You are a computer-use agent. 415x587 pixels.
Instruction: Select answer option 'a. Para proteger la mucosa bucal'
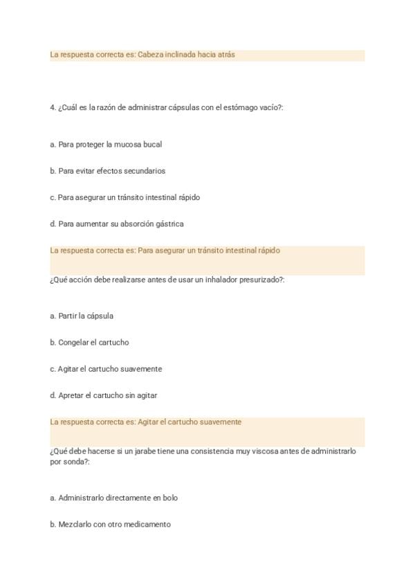point(106,145)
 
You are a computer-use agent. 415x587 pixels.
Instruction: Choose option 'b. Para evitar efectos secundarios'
point(107,171)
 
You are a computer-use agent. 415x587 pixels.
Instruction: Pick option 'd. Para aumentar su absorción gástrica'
point(116,224)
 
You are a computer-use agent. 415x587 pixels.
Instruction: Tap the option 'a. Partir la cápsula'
point(82,316)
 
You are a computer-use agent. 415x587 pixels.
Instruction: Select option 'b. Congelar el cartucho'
point(89,343)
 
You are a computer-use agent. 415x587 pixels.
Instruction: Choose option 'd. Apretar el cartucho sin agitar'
point(103,395)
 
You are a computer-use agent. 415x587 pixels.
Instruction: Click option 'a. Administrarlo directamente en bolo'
point(113,498)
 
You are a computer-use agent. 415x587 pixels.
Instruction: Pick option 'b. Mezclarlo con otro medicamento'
point(110,524)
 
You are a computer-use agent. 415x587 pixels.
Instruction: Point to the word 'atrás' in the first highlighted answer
point(225,54)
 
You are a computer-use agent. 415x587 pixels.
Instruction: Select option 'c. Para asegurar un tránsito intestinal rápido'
point(124,197)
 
